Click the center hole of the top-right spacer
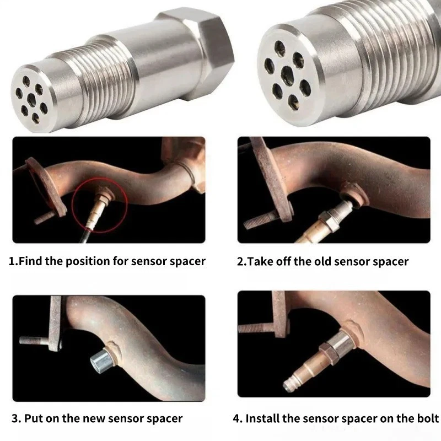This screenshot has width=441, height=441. pyautogui.click(x=287, y=74)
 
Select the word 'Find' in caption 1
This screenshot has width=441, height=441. pyautogui.click(x=31, y=261)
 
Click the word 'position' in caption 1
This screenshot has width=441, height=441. pyautogui.click(x=87, y=261)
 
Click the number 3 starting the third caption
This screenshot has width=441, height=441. pyautogui.click(x=15, y=418)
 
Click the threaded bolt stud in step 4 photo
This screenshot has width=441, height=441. pyautogui.click(x=255, y=328)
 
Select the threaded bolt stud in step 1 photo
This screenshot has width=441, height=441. pyautogui.click(x=45, y=218)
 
